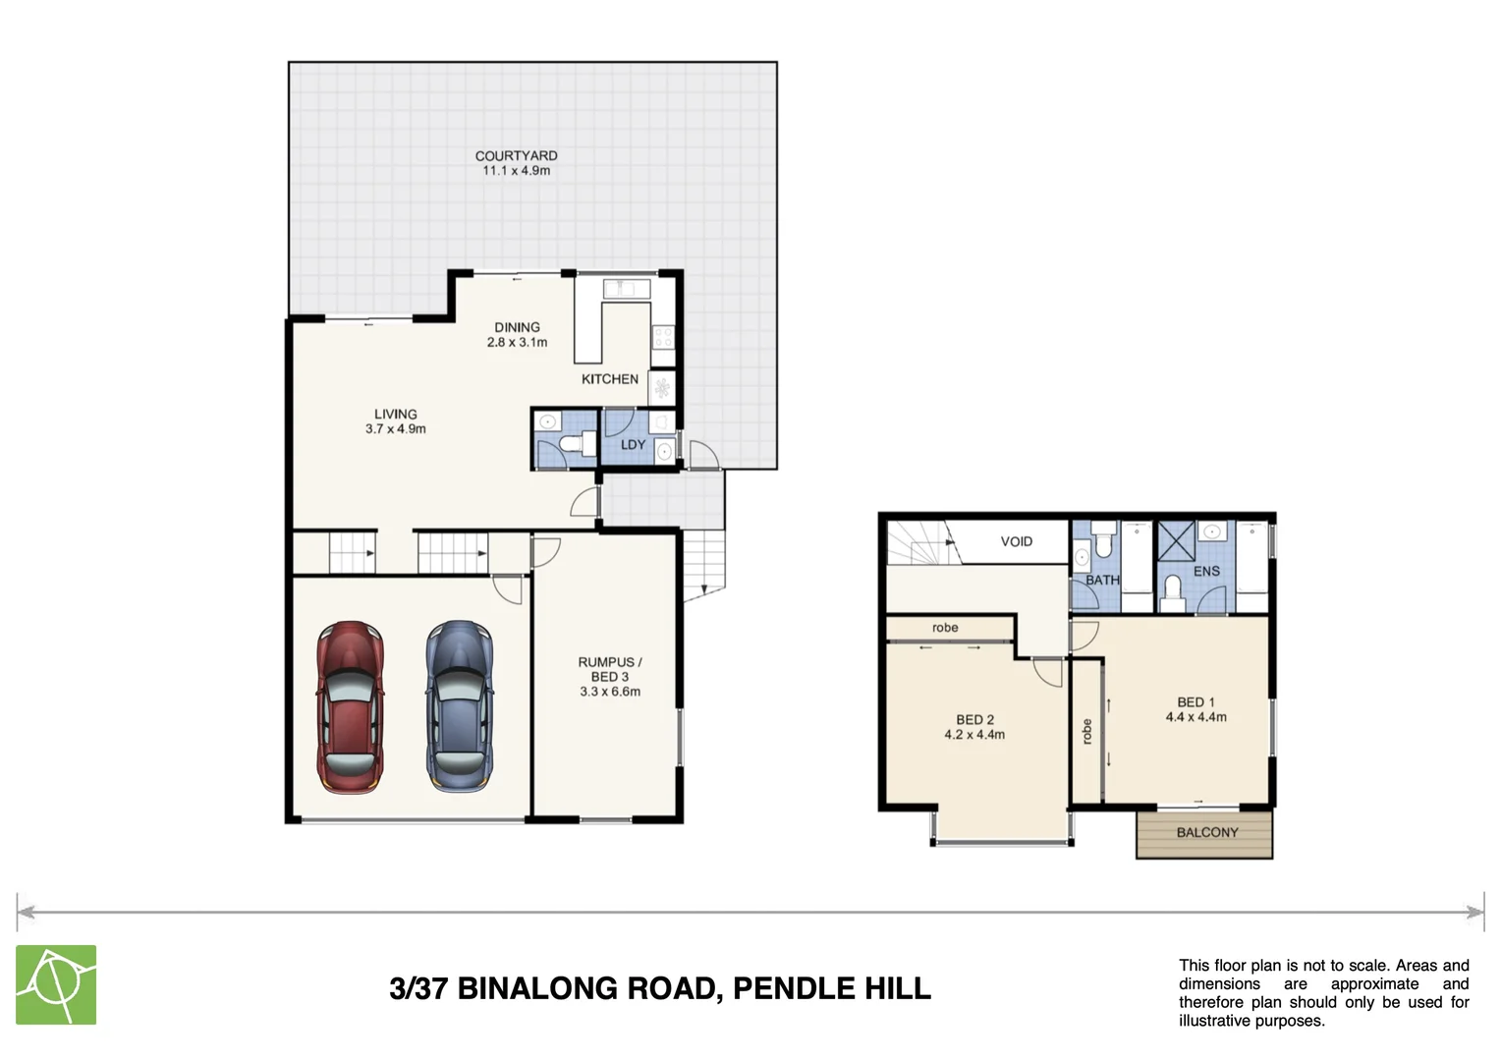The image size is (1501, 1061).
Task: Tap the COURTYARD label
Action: coord(516,156)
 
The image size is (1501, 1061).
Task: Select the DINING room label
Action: coord(517,327)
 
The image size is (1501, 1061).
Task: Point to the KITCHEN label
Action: coord(609,379)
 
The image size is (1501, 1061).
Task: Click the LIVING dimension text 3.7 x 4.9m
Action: coord(396,429)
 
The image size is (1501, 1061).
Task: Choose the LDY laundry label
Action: coord(634,445)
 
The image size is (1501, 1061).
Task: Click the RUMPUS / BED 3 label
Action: coord(609,669)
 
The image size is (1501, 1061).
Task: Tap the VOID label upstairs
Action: coord(1016,541)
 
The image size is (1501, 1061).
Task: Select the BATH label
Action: coord(1101,581)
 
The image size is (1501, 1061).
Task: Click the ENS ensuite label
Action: coord(1206,571)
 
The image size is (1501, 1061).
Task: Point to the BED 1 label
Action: coord(1195,702)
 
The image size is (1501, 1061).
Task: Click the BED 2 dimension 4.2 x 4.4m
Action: coord(974,735)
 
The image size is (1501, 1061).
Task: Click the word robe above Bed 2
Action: coord(945,628)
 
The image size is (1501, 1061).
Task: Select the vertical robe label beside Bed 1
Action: coord(1086,732)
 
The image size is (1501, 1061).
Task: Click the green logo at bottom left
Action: coord(56,984)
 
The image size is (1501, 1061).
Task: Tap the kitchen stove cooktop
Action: coord(663,338)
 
